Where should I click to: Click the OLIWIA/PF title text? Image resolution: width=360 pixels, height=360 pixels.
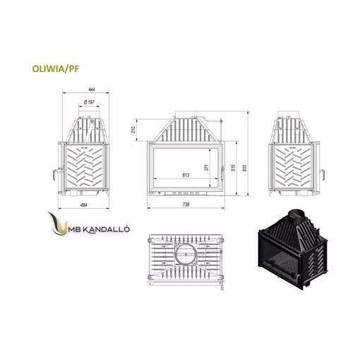pos(56,68)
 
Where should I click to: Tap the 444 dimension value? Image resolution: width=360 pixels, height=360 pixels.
pos(92,90)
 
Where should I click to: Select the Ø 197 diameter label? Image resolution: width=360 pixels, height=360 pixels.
pos(89,102)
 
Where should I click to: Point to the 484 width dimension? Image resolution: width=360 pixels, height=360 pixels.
pos(84,205)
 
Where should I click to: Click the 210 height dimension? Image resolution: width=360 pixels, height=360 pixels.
pos(133,130)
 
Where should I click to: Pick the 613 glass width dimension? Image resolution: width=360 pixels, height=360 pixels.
pos(186,175)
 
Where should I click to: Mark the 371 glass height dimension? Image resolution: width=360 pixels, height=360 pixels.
pos(207,168)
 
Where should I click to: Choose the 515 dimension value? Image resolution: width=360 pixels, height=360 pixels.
pos(234,167)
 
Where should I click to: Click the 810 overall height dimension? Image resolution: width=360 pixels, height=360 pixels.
pos(245,167)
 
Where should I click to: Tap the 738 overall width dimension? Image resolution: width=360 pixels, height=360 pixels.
pos(186,205)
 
